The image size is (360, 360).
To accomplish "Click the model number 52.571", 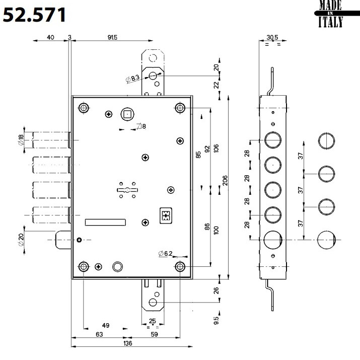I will click(x=35, y=16).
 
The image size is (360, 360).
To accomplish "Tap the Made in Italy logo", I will click(x=331, y=14).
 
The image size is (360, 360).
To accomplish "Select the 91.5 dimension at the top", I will click(x=111, y=37).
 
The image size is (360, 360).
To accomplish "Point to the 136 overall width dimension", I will click(x=127, y=343).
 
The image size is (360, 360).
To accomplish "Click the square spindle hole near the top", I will click(x=126, y=114).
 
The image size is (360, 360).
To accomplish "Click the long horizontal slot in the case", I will click(x=106, y=222).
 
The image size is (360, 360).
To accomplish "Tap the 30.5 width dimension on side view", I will click(x=272, y=37).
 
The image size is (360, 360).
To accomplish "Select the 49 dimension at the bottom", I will click(x=105, y=325).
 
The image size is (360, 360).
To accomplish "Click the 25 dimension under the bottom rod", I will click(x=152, y=321).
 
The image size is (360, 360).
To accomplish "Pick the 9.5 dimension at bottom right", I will click(x=216, y=320).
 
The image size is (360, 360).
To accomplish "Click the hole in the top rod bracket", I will click(x=152, y=76).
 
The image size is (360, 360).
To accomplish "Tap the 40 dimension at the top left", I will click(x=50, y=37).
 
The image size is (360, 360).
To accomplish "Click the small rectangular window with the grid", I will click(x=165, y=215).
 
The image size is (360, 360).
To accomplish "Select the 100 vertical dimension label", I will click(x=215, y=230).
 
